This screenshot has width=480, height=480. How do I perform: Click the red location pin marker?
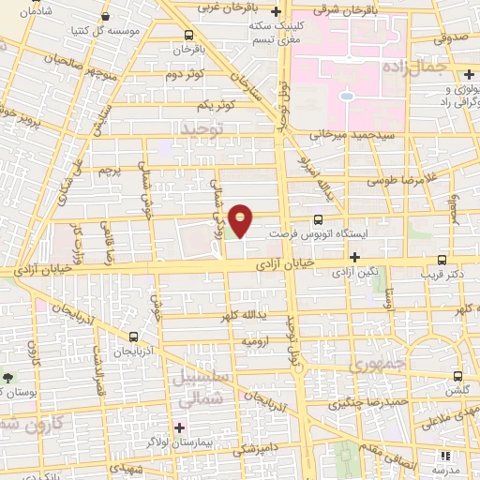[242, 220]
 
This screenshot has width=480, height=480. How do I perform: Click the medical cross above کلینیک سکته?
[275, 12]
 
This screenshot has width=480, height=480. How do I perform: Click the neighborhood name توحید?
[204, 127]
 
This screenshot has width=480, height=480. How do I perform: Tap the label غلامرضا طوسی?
[388, 178]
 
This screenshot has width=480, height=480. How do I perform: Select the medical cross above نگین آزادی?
[353, 256]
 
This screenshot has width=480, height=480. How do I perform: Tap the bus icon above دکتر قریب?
[442, 261]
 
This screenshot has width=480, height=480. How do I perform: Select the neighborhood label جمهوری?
[373, 361]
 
